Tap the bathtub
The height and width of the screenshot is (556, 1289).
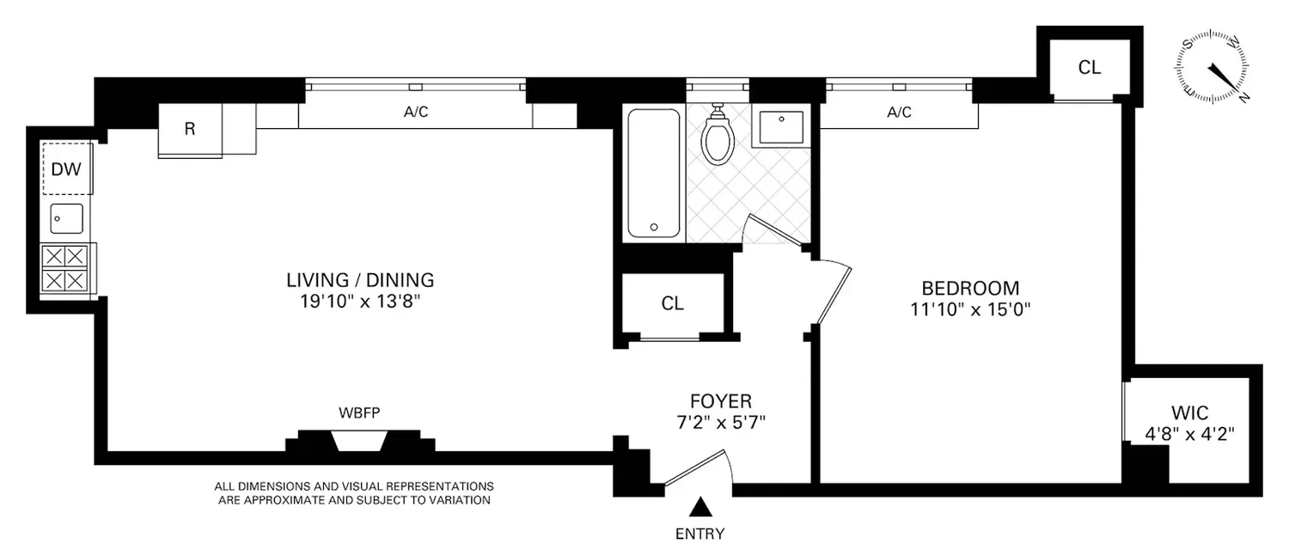tap(654, 173)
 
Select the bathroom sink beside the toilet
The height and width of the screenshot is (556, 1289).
tap(781, 127)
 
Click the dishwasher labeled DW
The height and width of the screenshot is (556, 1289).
tap(67, 168)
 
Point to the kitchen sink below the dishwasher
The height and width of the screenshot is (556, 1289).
tap(67, 219)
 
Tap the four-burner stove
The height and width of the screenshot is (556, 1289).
tap(64, 269)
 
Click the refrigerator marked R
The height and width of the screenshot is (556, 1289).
tap(190, 129)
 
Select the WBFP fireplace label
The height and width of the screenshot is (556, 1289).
tap(359, 412)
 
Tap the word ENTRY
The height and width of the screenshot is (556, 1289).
tap(699, 535)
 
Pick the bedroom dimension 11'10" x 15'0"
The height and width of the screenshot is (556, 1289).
tap(970, 309)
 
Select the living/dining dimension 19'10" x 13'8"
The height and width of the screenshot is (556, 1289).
tap(360, 301)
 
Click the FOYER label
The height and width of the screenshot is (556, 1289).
tap(721, 400)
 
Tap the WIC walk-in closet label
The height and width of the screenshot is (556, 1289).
tap(1190, 412)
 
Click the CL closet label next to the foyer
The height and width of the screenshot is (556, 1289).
tap(673, 303)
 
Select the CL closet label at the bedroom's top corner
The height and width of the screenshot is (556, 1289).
tap(1090, 67)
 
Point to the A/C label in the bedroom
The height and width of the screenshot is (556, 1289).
tap(900, 112)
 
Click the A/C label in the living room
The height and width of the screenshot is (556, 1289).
tap(416, 112)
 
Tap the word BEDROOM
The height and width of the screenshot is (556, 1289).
tap(970, 288)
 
